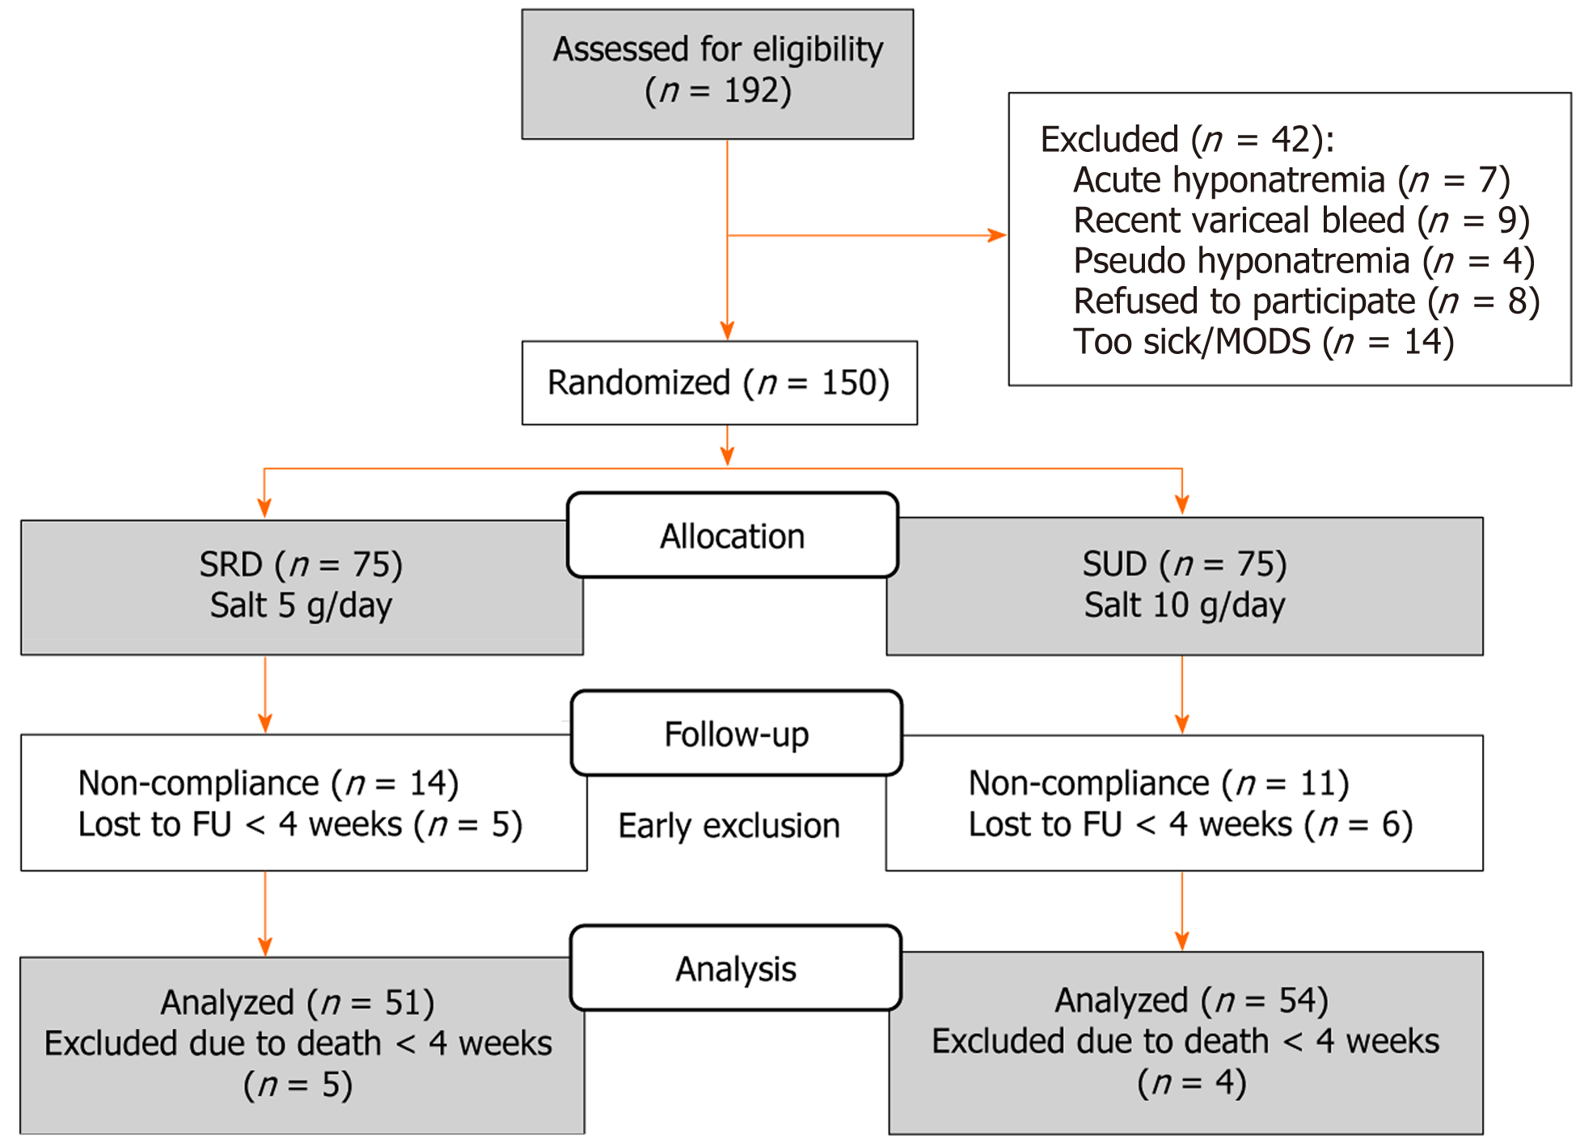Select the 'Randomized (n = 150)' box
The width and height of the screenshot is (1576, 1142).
pos(719,383)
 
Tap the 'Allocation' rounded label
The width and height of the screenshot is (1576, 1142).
pos(733,536)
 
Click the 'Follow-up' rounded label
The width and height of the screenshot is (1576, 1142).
pos(736,734)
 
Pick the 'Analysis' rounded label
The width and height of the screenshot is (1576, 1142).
pos(736,968)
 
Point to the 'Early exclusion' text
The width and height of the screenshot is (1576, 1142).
pos(729,826)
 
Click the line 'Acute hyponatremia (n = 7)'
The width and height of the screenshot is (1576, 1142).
pos(1291,180)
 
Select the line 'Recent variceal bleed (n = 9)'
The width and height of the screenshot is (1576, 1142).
pos(1300,221)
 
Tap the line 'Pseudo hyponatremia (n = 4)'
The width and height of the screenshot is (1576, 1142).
pos(1303,261)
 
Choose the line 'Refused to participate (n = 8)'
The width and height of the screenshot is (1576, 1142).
pos(1305,301)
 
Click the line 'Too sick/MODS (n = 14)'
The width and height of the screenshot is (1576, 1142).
pos(1263,342)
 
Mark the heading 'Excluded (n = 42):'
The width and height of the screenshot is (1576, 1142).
pos(1186,140)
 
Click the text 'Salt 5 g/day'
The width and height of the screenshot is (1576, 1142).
pos(301,605)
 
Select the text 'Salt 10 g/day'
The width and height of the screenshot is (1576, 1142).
pos(1184,605)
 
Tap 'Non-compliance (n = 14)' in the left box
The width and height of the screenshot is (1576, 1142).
pos(268,783)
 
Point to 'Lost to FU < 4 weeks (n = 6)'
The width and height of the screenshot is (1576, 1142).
pos(1189,824)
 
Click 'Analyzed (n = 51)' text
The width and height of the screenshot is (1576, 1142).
pos(297,1003)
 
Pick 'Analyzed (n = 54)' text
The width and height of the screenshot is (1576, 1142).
pos(1190,1001)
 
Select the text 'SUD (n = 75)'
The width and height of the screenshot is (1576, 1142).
pos(1184,564)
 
